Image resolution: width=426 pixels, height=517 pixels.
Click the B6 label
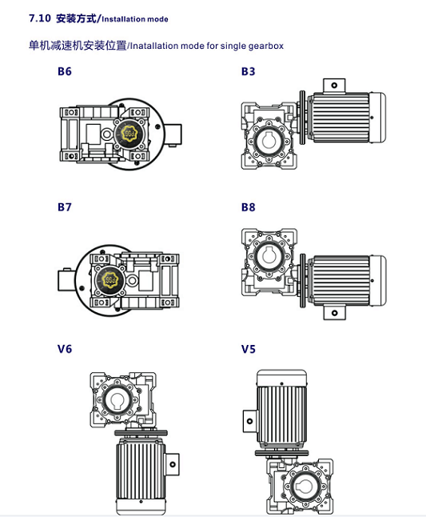click(64, 72)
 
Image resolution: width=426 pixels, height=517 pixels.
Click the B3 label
click(249, 72)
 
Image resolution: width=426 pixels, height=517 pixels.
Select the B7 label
click(64, 207)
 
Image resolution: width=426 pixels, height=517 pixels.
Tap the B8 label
click(249, 207)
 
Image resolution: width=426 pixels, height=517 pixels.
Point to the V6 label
click(64, 349)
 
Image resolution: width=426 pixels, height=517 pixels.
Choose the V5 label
click(249, 349)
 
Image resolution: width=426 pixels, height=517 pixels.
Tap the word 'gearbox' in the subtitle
click(265, 46)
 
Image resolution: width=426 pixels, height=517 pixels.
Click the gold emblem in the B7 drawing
click(108, 280)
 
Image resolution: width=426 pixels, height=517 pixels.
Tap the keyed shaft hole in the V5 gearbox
click(305, 487)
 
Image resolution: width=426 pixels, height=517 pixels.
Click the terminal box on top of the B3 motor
click(334, 86)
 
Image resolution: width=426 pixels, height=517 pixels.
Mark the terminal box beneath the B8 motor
click(334, 311)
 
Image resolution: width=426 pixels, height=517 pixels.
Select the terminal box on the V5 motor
click(250, 419)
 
